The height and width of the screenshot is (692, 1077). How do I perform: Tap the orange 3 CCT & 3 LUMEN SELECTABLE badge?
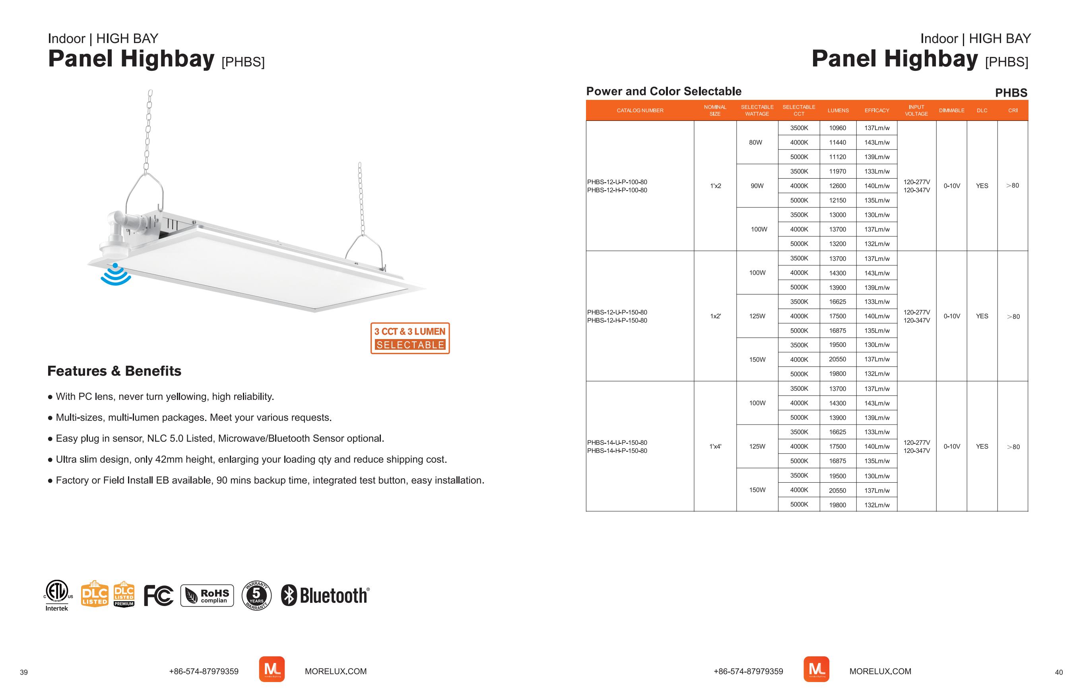[x=410, y=338]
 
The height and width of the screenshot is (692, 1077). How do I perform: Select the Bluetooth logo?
[x=325, y=595]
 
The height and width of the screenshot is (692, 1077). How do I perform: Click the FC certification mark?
[x=159, y=596]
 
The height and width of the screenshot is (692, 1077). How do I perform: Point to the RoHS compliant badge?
[x=207, y=596]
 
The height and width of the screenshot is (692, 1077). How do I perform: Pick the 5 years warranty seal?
[x=256, y=596]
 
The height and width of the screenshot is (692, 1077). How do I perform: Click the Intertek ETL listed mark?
[x=57, y=595]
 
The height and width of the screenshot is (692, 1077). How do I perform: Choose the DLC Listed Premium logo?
[x=124, y=595]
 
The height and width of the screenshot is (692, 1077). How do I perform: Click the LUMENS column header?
[x=838, y=111]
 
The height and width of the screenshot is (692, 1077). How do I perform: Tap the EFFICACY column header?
[x=876, y=111]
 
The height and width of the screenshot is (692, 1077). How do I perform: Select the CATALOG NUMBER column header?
[x=640, y=111]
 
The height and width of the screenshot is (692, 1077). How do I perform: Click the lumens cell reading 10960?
[x=837, y=128]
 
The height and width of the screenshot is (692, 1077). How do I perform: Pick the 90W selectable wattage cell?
[x=757, y=186]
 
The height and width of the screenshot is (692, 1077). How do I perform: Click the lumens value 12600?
[x=837, y=186]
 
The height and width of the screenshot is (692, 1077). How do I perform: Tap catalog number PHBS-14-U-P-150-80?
[x=617, y=442]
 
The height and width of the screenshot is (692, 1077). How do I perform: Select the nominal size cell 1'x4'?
[x=715, y=446]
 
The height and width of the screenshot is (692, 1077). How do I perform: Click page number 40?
[x=1059, y=673]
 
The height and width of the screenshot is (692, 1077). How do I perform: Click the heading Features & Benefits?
[x=114, y=371]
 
